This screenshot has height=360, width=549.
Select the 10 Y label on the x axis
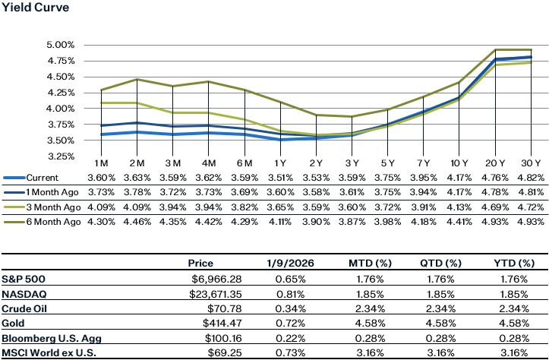point(459,165)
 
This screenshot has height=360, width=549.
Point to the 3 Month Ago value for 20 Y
point(494,207)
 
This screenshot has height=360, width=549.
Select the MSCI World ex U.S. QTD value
point(446,353)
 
